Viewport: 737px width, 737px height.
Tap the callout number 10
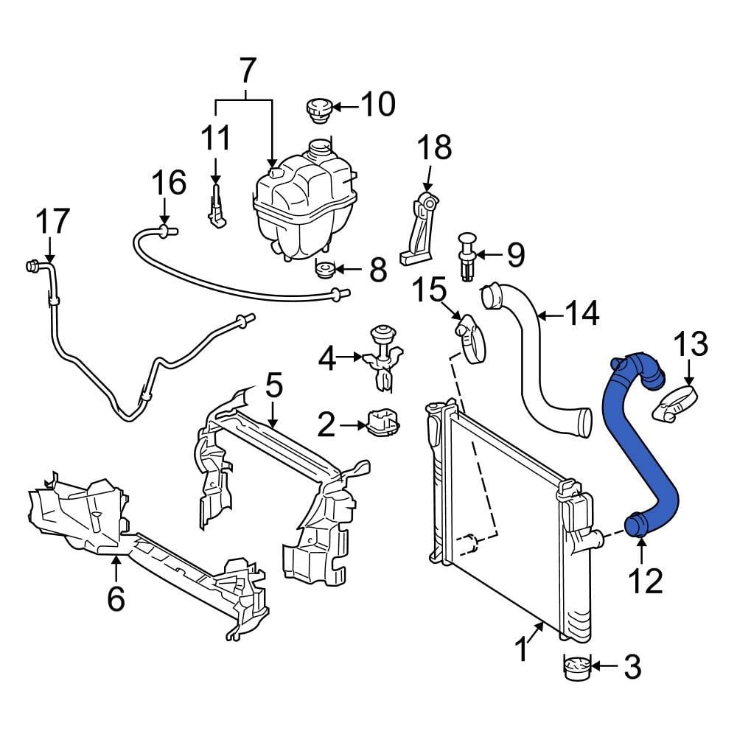point(377,105)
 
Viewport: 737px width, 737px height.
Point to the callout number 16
point(170,183)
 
